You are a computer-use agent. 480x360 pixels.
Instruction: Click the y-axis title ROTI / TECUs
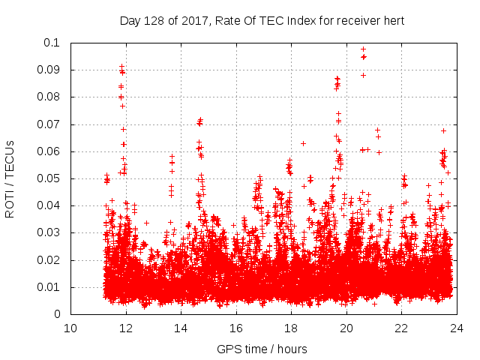pyautogui.click(x=10, y=178)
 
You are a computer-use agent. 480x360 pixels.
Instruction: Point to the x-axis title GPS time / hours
pyautogui.click(x=262, y=349)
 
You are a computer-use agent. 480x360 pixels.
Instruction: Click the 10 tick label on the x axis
pyautogui.click(x=70, y=328)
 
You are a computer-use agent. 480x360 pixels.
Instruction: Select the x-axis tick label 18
pyautogui.click(x=291, y=328)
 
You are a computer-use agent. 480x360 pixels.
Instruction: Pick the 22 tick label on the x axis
pyautogui.click(x=401, y=328)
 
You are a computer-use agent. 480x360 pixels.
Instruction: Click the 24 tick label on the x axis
pyautogui.click(x=456, y=328)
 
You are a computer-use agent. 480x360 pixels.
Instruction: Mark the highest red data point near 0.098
pyautogui.click(x=363, y=49)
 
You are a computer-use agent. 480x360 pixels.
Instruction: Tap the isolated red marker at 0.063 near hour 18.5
pyautogui.click(x=303, y=143)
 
